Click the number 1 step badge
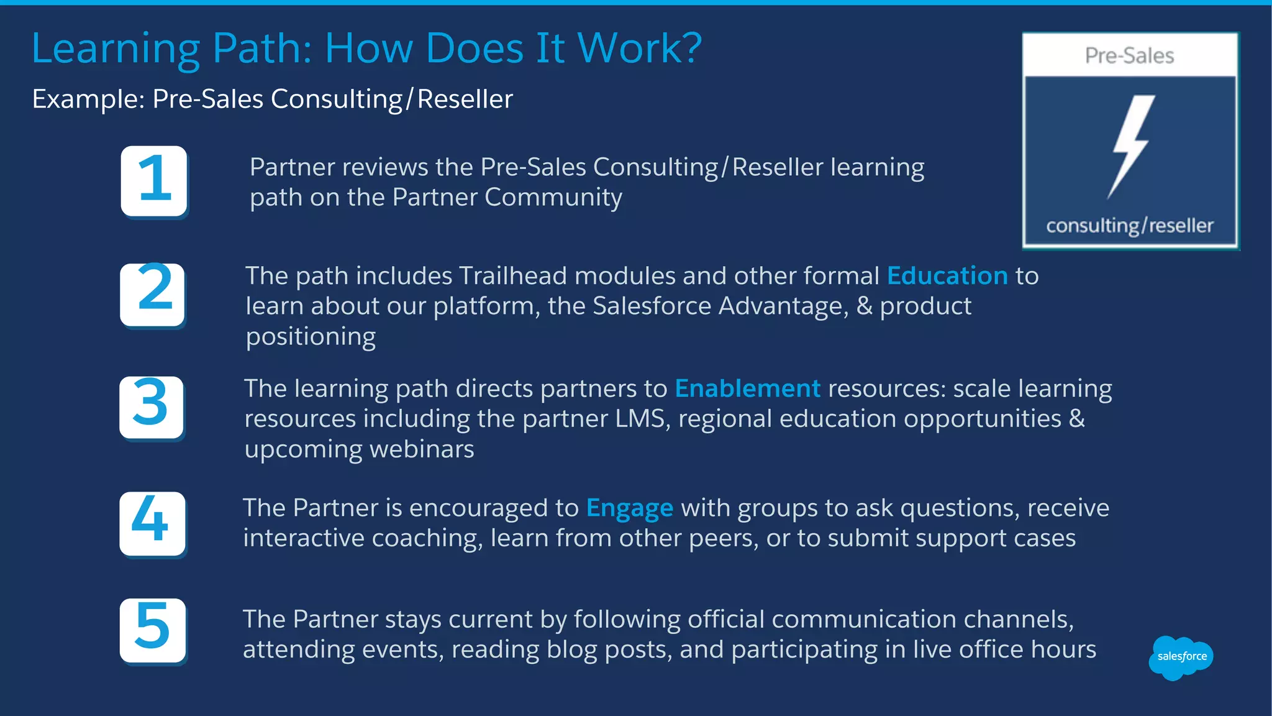tap(154, 181)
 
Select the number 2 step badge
tap(153, 294)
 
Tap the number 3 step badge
tap(152, 407)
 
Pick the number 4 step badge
tap(152, 523)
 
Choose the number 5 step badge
tap(153, 630)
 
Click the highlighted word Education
tap(947, 276)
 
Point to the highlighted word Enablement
tap(748, 388)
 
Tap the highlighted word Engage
tap(630, 508)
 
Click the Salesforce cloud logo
tap(1181, 657)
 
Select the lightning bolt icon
tap(1131, 147)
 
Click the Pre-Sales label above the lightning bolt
tap(1130, 56)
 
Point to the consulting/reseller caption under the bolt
tap(1130, 226)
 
